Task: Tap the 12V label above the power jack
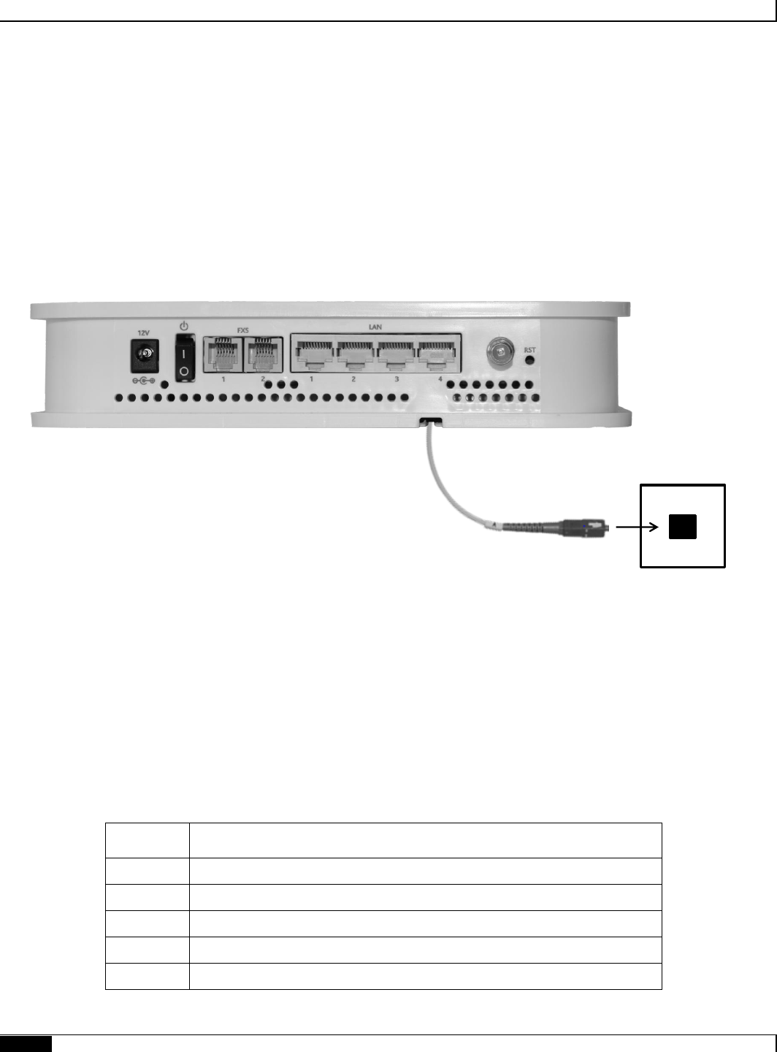tap(145, 333)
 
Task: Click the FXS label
tap(243, 329)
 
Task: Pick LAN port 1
tap(314, 356)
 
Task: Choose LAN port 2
tap(355, 356)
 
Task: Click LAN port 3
tap(397, 356)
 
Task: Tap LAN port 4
tap(437, 356)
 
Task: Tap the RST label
tap(530, 350)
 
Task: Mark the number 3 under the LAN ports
tap(397, 380)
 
